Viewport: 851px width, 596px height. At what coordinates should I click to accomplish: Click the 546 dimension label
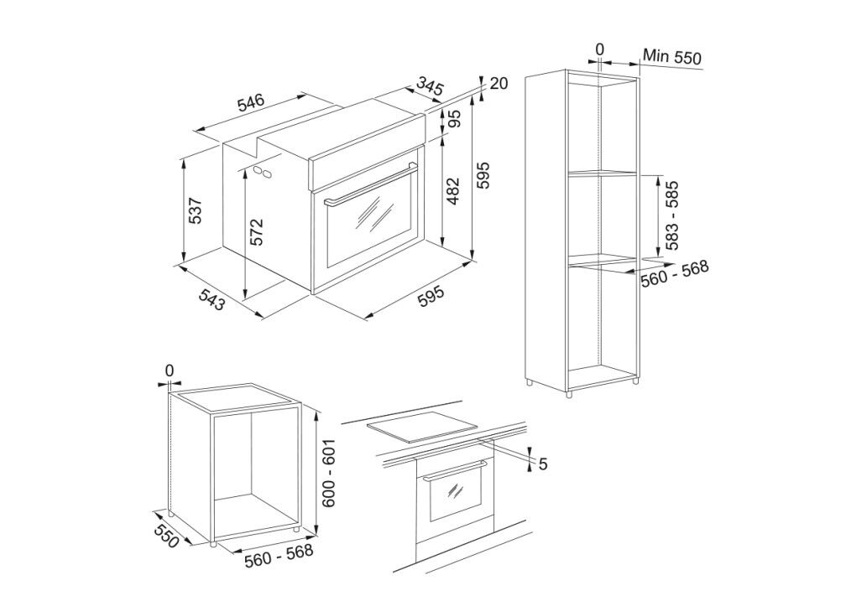(250, 101)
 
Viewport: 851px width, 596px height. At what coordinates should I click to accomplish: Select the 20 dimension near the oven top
(499, 84)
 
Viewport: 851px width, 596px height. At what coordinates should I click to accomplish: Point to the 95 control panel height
(454, 119)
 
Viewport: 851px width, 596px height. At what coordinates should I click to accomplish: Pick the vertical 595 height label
(482, 175)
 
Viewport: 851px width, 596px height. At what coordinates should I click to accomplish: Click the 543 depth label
(211, 299)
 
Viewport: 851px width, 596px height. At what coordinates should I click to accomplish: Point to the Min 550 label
(672, 56)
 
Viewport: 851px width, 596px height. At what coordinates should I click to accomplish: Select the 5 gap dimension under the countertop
(543, 464)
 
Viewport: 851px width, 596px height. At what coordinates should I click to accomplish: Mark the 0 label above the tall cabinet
(599, 49)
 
